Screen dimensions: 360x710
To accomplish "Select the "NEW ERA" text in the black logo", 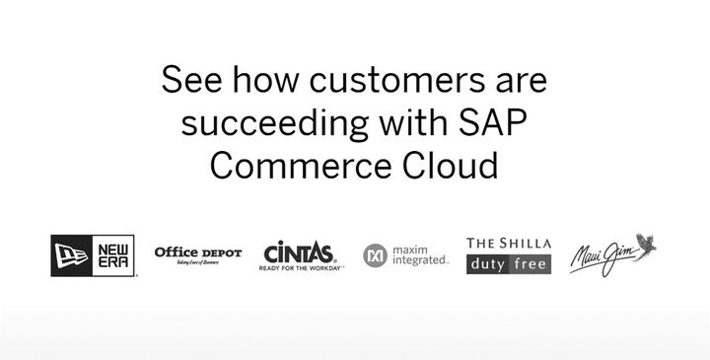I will point(110,255).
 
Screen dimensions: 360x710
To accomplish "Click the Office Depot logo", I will point(197,252).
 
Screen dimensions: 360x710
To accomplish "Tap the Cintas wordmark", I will point(299,252).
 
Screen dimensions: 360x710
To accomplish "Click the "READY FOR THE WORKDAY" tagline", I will point(301,267).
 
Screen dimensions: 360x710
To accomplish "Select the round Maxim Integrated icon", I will point(375,254).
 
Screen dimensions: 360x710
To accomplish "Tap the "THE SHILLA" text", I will point(509,243).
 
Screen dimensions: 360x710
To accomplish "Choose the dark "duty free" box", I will point(509,263).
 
